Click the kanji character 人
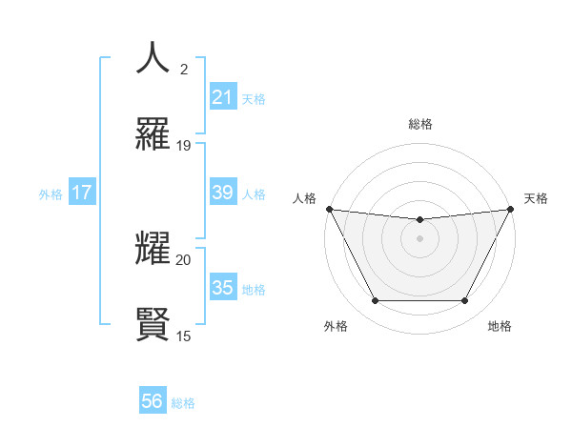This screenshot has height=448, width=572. (x=153, y=58)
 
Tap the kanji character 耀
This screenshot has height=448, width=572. (x=153, y=247)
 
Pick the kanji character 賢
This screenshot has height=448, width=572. (x=153, y=323)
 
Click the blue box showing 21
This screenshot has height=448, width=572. (x=222, y=97)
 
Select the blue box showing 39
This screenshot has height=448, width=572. (x=222, y=193)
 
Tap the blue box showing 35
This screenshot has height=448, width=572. (x=222, y=288)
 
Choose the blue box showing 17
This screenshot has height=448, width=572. (x=81, y=193)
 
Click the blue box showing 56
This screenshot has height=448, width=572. (x=152, y=401)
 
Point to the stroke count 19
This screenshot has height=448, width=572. (x=184, y=146)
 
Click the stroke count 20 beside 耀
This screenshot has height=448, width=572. (x=184, y=259)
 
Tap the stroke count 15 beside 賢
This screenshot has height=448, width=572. (x=184, y=336)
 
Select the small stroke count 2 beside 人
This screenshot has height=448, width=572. (x=183, y=70)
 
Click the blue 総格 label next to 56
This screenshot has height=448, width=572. (x=183, y=403)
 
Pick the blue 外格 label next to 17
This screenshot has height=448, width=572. (x=51, y=194)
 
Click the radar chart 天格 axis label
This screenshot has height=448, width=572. (x=536, y=198)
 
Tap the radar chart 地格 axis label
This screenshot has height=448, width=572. (x=500, y=326)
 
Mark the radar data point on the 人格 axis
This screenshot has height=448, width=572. (x=330, y=209)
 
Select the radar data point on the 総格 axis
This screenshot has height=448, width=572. (x=419, y=220)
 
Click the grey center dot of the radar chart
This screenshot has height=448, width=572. (x=419, y=238)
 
